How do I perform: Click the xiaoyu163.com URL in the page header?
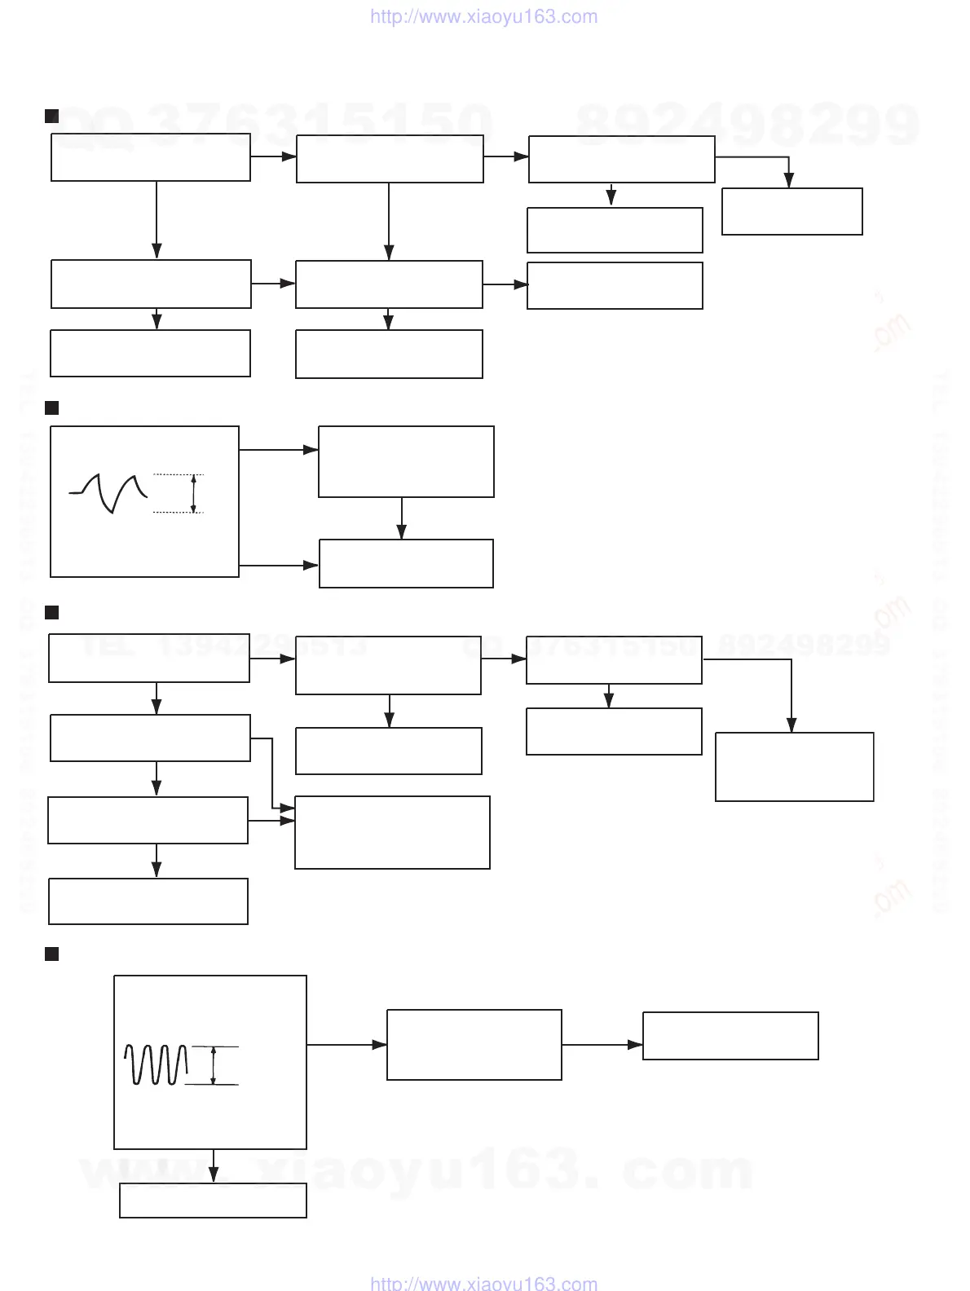(483, 16)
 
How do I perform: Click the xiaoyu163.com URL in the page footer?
(483, 1282)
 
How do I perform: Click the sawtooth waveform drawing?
(108, 492)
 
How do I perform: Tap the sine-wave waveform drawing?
(156, 1064)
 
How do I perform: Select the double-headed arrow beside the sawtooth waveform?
(193, 493)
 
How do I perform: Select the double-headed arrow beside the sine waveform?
(214, 1065)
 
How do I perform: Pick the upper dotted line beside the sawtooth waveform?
(178, 474)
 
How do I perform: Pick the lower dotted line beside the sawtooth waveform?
(178, 513)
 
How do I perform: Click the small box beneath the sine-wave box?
(213, 1201)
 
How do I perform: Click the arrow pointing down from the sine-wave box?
(214, 1165)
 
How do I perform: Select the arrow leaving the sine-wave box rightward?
(346, 1044)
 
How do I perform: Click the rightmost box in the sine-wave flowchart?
(730, 1036)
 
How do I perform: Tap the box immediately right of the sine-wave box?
(474, 1045)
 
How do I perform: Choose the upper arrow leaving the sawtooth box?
(278, 449)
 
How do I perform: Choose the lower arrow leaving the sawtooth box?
(278, 565)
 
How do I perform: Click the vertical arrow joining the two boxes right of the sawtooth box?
(402, 518)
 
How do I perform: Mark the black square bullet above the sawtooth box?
(51, 408)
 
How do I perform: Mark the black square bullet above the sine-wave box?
(51, 954)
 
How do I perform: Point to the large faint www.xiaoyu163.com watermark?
(416, 1171)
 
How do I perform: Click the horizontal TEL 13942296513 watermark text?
(224, 646)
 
